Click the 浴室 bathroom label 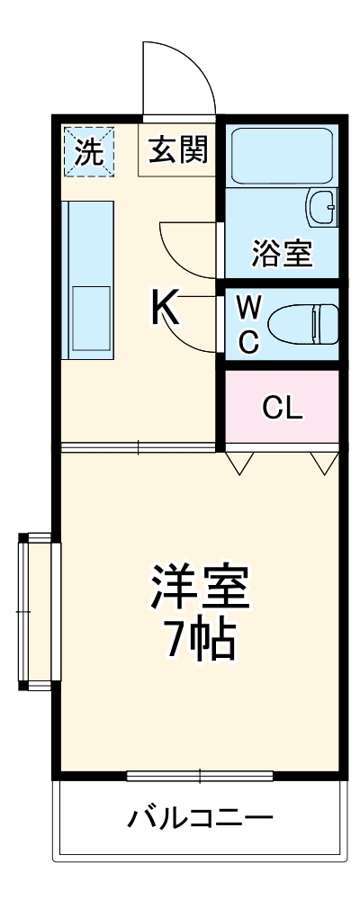tap(281, 255)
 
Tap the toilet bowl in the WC tap(302, 324)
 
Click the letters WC tap(249, 325)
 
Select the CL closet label tap(282, 409)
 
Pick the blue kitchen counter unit tap(87, 280)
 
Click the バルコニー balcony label tap(199, 819)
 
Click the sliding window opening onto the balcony tap(199, 776)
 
